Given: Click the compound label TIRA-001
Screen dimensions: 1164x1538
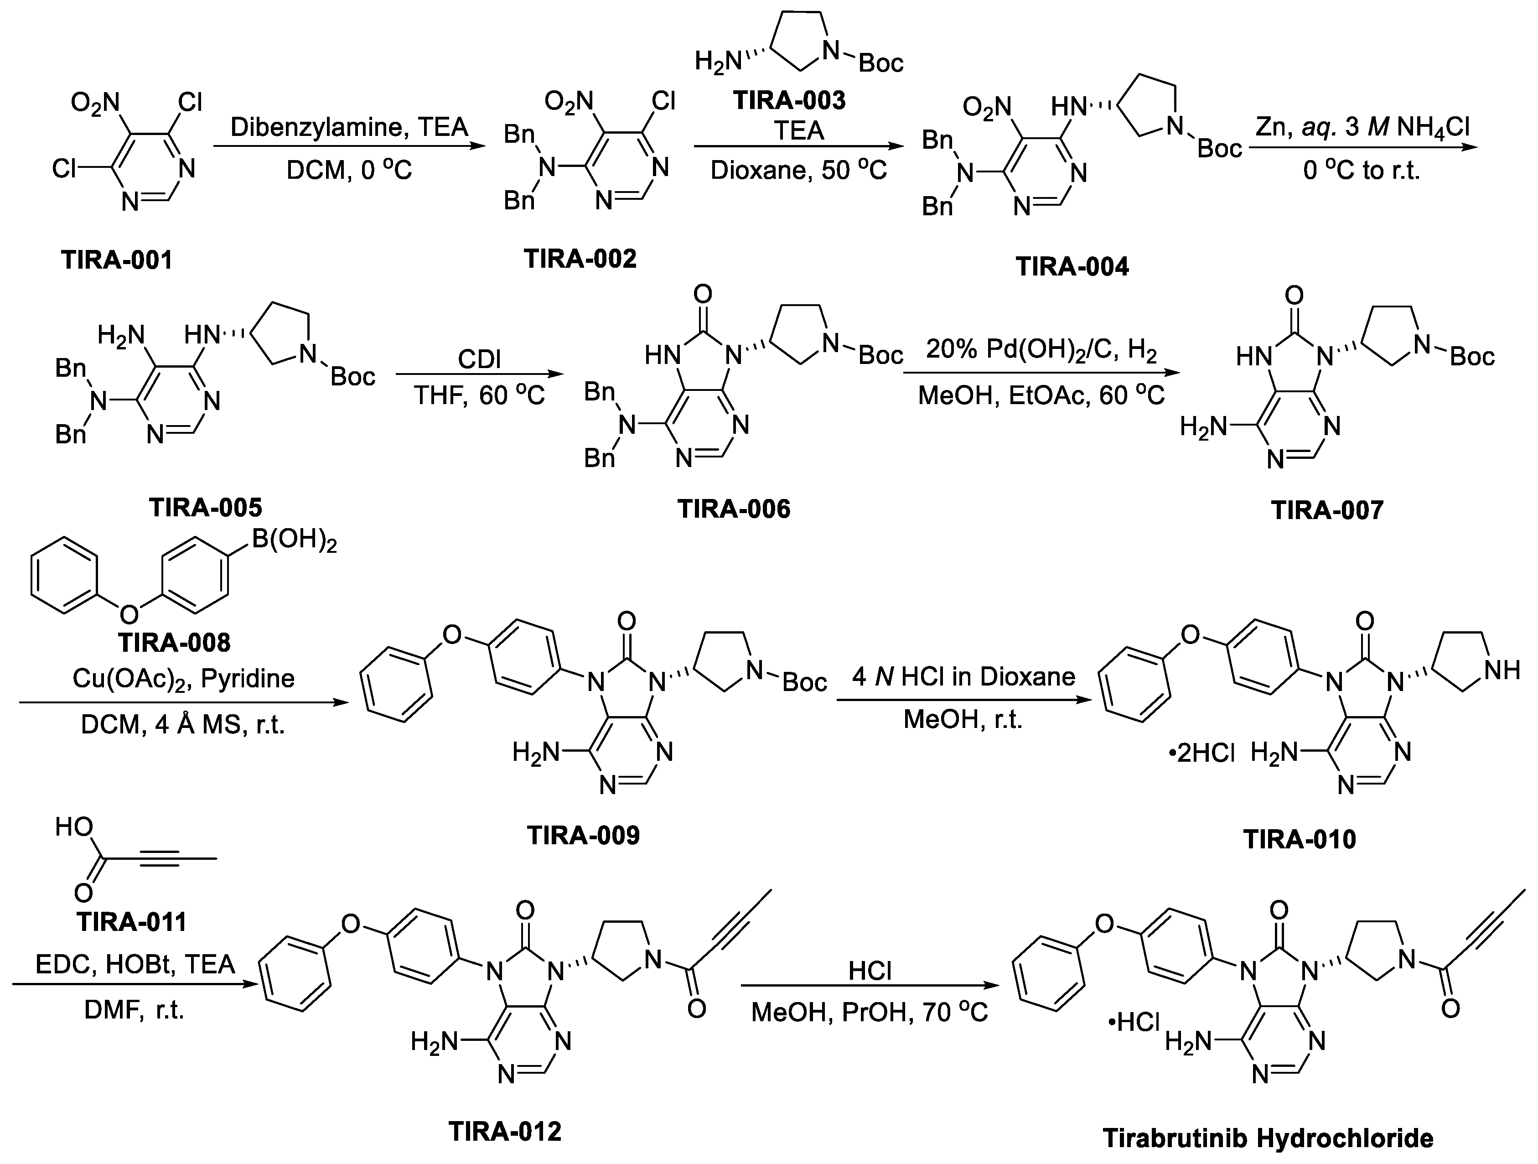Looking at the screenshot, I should [117, 260].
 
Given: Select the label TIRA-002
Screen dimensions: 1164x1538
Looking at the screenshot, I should [580, 259].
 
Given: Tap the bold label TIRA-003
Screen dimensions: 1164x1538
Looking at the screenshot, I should [789, 100].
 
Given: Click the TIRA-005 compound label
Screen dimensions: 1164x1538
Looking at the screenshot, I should [206, 508].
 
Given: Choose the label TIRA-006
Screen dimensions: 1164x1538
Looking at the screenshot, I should [734, 509].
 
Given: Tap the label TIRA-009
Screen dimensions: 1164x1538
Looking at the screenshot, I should [583, 835].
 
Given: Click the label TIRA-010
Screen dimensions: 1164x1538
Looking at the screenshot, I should [1300, 839].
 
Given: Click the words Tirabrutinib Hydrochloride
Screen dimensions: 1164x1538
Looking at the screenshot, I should [1268, 1139].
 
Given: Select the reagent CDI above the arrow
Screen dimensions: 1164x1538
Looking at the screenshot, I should [479, 359].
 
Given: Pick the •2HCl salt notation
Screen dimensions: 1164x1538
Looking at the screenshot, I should [1201, 753].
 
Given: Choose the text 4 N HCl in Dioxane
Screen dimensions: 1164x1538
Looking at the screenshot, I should [963, 676].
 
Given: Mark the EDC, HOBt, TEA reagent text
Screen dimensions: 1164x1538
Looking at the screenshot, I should [135, 964].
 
